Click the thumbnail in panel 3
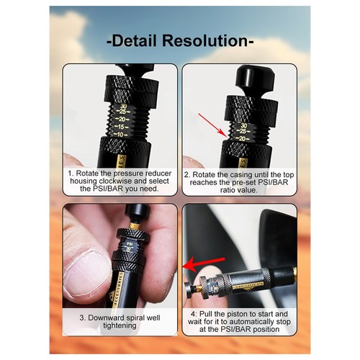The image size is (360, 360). point(82,277)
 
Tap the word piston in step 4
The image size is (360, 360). point(236,315)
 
